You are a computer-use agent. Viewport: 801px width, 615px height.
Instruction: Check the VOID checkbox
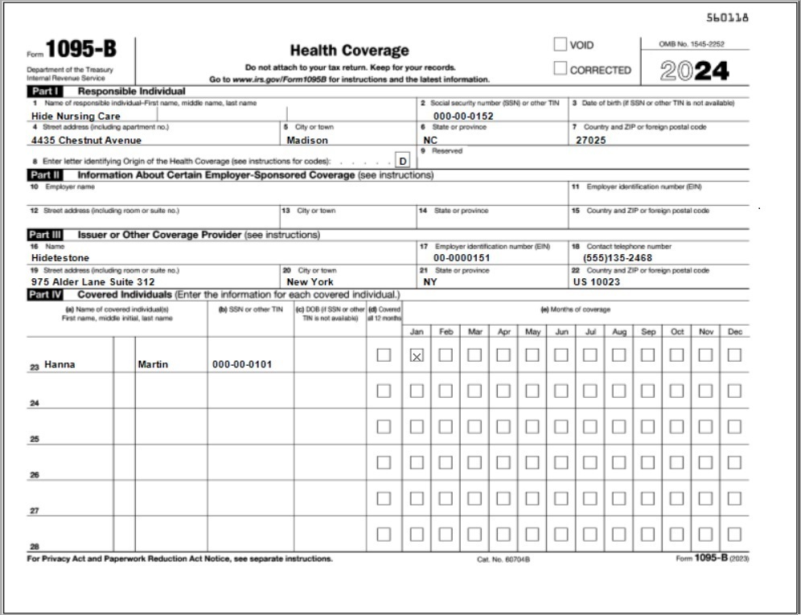coord(560,45)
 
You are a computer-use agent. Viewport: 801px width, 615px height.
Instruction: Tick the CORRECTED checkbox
coord(560,69)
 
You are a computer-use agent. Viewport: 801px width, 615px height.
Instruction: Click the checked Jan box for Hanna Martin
coord(417,355)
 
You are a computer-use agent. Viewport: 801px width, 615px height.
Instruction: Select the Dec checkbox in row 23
coord(734,355)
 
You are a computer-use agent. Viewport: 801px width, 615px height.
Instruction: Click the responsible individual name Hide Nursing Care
coord(76,117)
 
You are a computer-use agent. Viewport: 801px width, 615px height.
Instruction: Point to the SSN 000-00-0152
coord(463,117)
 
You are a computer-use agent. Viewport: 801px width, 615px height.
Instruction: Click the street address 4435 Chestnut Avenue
coord(86,140)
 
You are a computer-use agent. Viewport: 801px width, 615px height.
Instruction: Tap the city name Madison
coord(307,140)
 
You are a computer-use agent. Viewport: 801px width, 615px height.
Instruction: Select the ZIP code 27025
coord(591,140)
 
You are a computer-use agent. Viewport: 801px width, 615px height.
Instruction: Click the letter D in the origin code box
coord(402,161)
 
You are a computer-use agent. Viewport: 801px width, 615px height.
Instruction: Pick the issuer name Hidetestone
coord(60,258)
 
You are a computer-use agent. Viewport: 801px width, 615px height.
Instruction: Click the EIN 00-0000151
coord(462,258)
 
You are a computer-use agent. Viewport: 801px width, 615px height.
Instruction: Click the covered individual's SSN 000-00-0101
coord(242,365)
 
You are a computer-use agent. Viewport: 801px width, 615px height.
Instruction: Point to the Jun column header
coord(561,331)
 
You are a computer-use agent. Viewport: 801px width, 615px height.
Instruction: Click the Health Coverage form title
coord(349,51)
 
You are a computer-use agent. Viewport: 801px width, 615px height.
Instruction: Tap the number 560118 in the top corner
coord(727,18)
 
